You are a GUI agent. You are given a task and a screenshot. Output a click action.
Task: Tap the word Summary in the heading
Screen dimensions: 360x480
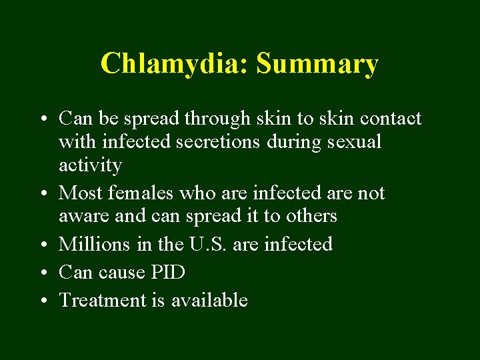(317, 65)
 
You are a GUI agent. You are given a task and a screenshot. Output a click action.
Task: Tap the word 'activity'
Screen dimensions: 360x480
(90, 165)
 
